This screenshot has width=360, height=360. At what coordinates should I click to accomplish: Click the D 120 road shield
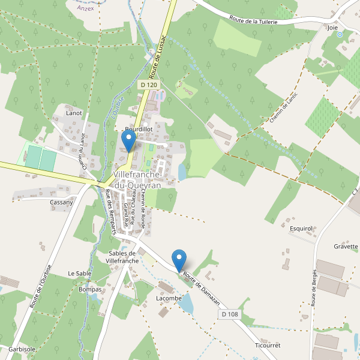tap(149, 85)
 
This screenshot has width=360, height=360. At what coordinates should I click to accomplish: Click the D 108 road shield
tap(230, 314)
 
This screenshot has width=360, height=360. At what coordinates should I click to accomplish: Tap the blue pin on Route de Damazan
tap(179, 260)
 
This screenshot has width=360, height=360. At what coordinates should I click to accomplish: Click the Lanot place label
tap(74, 113)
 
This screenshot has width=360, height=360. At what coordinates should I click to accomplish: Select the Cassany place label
tap(62, 202)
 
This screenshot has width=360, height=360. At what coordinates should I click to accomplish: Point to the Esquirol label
tap(301, 229)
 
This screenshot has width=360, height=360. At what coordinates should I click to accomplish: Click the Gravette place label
tap(346, 247)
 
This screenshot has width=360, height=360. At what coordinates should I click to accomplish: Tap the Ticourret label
tap(268, 346)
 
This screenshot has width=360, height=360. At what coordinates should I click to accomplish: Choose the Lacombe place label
tap(169, 298)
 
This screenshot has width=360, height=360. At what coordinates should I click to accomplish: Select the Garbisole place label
tap(22, 349)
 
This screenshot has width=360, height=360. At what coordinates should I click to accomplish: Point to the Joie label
tap(332, 28)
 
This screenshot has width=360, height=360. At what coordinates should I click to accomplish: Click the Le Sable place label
tap(79, 274)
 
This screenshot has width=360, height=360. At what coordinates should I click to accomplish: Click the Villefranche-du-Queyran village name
tap(137, 180)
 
